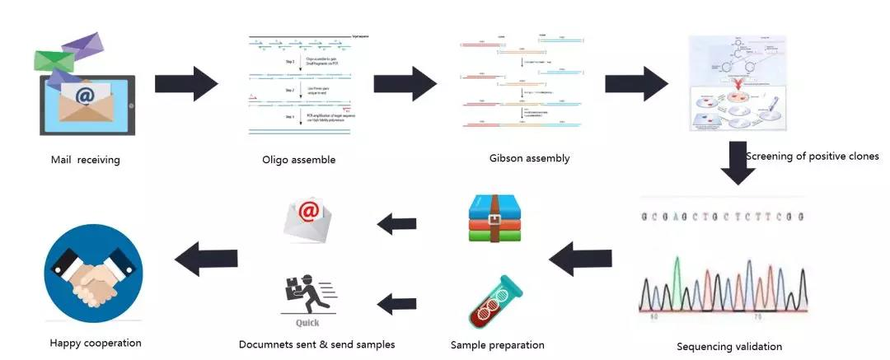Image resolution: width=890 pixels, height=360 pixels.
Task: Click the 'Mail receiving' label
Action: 85,160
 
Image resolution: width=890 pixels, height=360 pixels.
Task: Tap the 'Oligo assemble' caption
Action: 298,160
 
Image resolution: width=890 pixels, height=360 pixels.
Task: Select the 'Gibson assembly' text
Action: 529,158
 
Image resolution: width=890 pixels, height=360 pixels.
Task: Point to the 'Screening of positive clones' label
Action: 813,156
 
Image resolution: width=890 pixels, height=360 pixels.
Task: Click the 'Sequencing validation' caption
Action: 728,346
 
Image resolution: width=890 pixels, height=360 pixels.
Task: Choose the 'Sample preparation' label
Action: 497,344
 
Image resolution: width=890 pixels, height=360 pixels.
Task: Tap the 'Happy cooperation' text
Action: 96,343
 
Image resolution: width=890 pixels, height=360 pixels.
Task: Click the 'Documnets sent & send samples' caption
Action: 316,344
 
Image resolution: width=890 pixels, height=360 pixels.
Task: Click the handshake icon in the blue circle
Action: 93,271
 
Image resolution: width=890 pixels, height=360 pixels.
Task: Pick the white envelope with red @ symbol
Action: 309,217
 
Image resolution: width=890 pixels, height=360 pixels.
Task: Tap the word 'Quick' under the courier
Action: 307,324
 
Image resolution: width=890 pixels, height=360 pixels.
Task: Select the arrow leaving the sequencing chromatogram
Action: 580,262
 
